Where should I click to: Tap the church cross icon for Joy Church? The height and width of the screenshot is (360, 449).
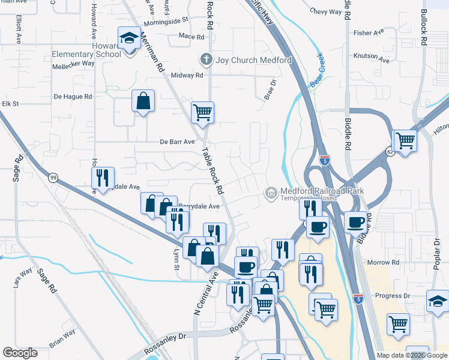coord(206,60)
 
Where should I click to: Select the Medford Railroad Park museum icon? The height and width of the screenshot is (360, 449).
coord(271,193)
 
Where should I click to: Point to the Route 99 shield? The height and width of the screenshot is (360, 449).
coord(53,177)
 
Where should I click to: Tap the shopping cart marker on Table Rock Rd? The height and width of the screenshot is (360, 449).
coord(203,112)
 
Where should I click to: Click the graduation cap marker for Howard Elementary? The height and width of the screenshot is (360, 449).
coord(128,39)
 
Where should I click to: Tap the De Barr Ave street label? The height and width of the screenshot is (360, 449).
coord(177,142)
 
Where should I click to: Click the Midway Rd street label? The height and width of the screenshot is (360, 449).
coord(187,76)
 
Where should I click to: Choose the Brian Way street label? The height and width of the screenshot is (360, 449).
coord(62,335)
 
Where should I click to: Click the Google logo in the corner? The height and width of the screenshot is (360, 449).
coord(20,353)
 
